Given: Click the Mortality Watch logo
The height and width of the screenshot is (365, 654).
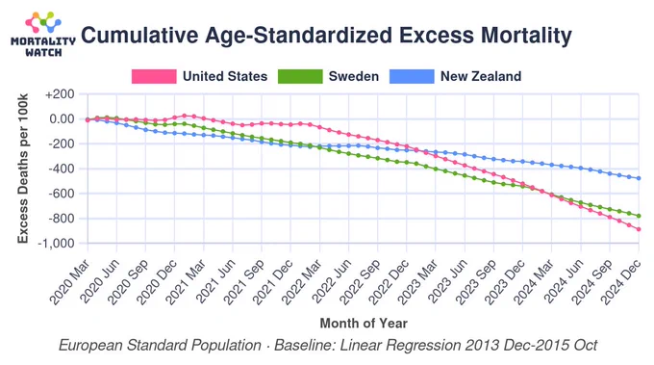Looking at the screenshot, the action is coord(43,35).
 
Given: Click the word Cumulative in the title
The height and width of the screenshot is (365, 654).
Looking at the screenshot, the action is coord(139,35).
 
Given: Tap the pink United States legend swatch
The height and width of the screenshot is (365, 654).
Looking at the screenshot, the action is coord(154,76).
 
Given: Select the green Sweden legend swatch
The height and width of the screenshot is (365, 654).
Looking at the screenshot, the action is coord(300,76).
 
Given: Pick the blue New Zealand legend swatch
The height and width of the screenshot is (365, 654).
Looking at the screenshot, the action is coord(412,76).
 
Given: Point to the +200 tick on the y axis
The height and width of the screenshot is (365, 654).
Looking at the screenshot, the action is coord(60,94).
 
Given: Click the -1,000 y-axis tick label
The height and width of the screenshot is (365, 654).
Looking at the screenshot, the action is coord(56,243).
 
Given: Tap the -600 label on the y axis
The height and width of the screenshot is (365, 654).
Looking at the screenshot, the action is coord(62,194).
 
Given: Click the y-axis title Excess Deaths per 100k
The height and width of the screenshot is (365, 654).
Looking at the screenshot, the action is coord(22,169).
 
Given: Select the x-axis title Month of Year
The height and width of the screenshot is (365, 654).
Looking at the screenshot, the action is coord(364,324).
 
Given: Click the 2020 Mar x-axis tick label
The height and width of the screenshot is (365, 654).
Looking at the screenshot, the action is coord(69,282).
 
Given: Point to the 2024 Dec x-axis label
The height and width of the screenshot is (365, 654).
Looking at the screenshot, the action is coord(620,282).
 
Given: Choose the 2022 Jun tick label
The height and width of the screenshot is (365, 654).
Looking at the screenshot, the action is coord(331,282).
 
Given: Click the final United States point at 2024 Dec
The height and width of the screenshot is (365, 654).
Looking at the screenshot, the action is coord(639,229).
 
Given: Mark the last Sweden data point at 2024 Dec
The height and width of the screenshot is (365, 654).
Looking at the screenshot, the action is coord(639,216).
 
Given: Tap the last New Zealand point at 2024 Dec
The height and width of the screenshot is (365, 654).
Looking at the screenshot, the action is coord(639,178).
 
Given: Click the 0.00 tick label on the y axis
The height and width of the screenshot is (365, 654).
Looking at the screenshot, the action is coord(62,119).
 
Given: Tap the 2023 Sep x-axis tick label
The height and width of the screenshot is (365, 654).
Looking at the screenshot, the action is coord(475,282).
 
